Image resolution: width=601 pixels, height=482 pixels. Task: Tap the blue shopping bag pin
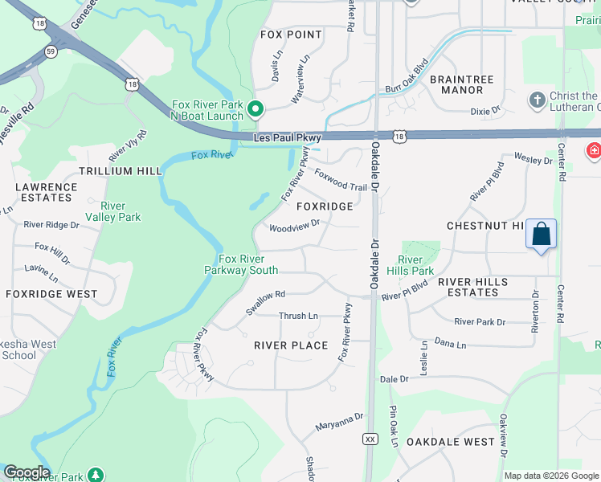[x=542, y=235]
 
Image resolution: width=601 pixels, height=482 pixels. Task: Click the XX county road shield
[x=370, y=439]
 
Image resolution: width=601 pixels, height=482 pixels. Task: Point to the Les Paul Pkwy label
[x=287, y=138]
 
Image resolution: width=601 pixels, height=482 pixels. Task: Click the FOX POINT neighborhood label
[x=291, y=35]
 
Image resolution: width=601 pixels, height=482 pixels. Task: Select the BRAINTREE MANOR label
[x=456, y=84]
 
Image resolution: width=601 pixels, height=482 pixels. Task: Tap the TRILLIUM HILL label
[x=121, y=171]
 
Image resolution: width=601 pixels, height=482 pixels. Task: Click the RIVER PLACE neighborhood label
[x=291, y=345]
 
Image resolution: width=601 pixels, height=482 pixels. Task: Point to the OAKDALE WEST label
[x=450, y=442]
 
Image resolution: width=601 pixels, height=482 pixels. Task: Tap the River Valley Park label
[x=112, y=211]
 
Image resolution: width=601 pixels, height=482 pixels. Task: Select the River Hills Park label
[x=416, y=265]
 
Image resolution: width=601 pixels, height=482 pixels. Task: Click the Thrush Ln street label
[x=298, y=316]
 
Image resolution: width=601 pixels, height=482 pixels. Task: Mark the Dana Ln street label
[x=450, y=344]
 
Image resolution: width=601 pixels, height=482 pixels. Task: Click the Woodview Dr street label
[x=294, y=227]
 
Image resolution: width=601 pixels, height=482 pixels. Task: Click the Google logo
[x=26, y=472]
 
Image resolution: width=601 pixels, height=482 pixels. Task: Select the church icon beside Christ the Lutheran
[x=537, y=100]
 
